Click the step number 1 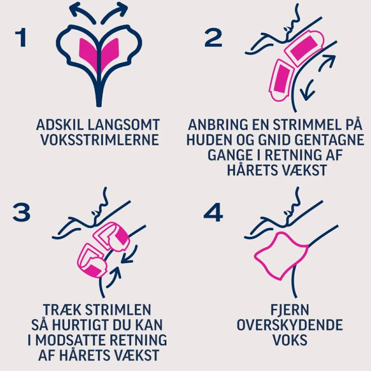(x=21, y=37)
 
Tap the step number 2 (x=213, y=37)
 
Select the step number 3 (x=21, y=213)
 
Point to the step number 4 (x=213, y=213)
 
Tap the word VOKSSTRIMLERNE (x=100, y=140)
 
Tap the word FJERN (x=290, y=310)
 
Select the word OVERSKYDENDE (x=290, y=325)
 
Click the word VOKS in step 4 (x=290, y=340)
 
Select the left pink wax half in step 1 (x=88, y=53)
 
